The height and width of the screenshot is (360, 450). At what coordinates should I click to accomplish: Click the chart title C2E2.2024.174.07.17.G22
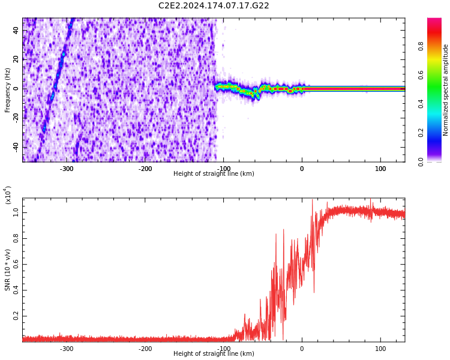(214, 6)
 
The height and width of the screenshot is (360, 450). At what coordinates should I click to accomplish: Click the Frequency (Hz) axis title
(8, 90)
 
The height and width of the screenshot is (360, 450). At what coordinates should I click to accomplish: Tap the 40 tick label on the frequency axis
(16, 31)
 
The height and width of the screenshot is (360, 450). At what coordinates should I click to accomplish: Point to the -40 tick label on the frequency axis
(14, 147)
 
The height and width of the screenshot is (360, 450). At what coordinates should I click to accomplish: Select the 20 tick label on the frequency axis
(16, 59)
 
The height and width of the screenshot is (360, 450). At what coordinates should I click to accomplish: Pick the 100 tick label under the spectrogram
(380, 169)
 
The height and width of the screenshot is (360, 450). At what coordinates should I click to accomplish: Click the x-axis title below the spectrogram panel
(214, 174)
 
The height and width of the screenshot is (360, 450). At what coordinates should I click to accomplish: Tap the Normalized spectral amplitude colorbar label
(446, 90)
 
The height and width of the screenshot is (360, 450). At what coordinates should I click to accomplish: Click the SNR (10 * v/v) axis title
(8, 270)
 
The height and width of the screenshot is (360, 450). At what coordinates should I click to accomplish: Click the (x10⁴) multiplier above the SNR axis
(7, 195)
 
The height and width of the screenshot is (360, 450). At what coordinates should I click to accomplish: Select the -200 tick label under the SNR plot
(145, 349)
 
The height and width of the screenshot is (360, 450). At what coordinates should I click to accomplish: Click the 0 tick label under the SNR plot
(302, 349)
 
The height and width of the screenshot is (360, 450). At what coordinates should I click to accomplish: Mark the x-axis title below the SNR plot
(214, 354)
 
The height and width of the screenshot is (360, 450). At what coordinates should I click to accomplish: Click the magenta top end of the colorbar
(434, 21)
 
